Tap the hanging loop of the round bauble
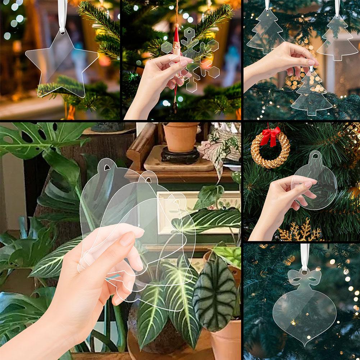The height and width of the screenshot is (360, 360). (316, 156)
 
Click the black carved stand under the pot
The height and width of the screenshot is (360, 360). (180, 156)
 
